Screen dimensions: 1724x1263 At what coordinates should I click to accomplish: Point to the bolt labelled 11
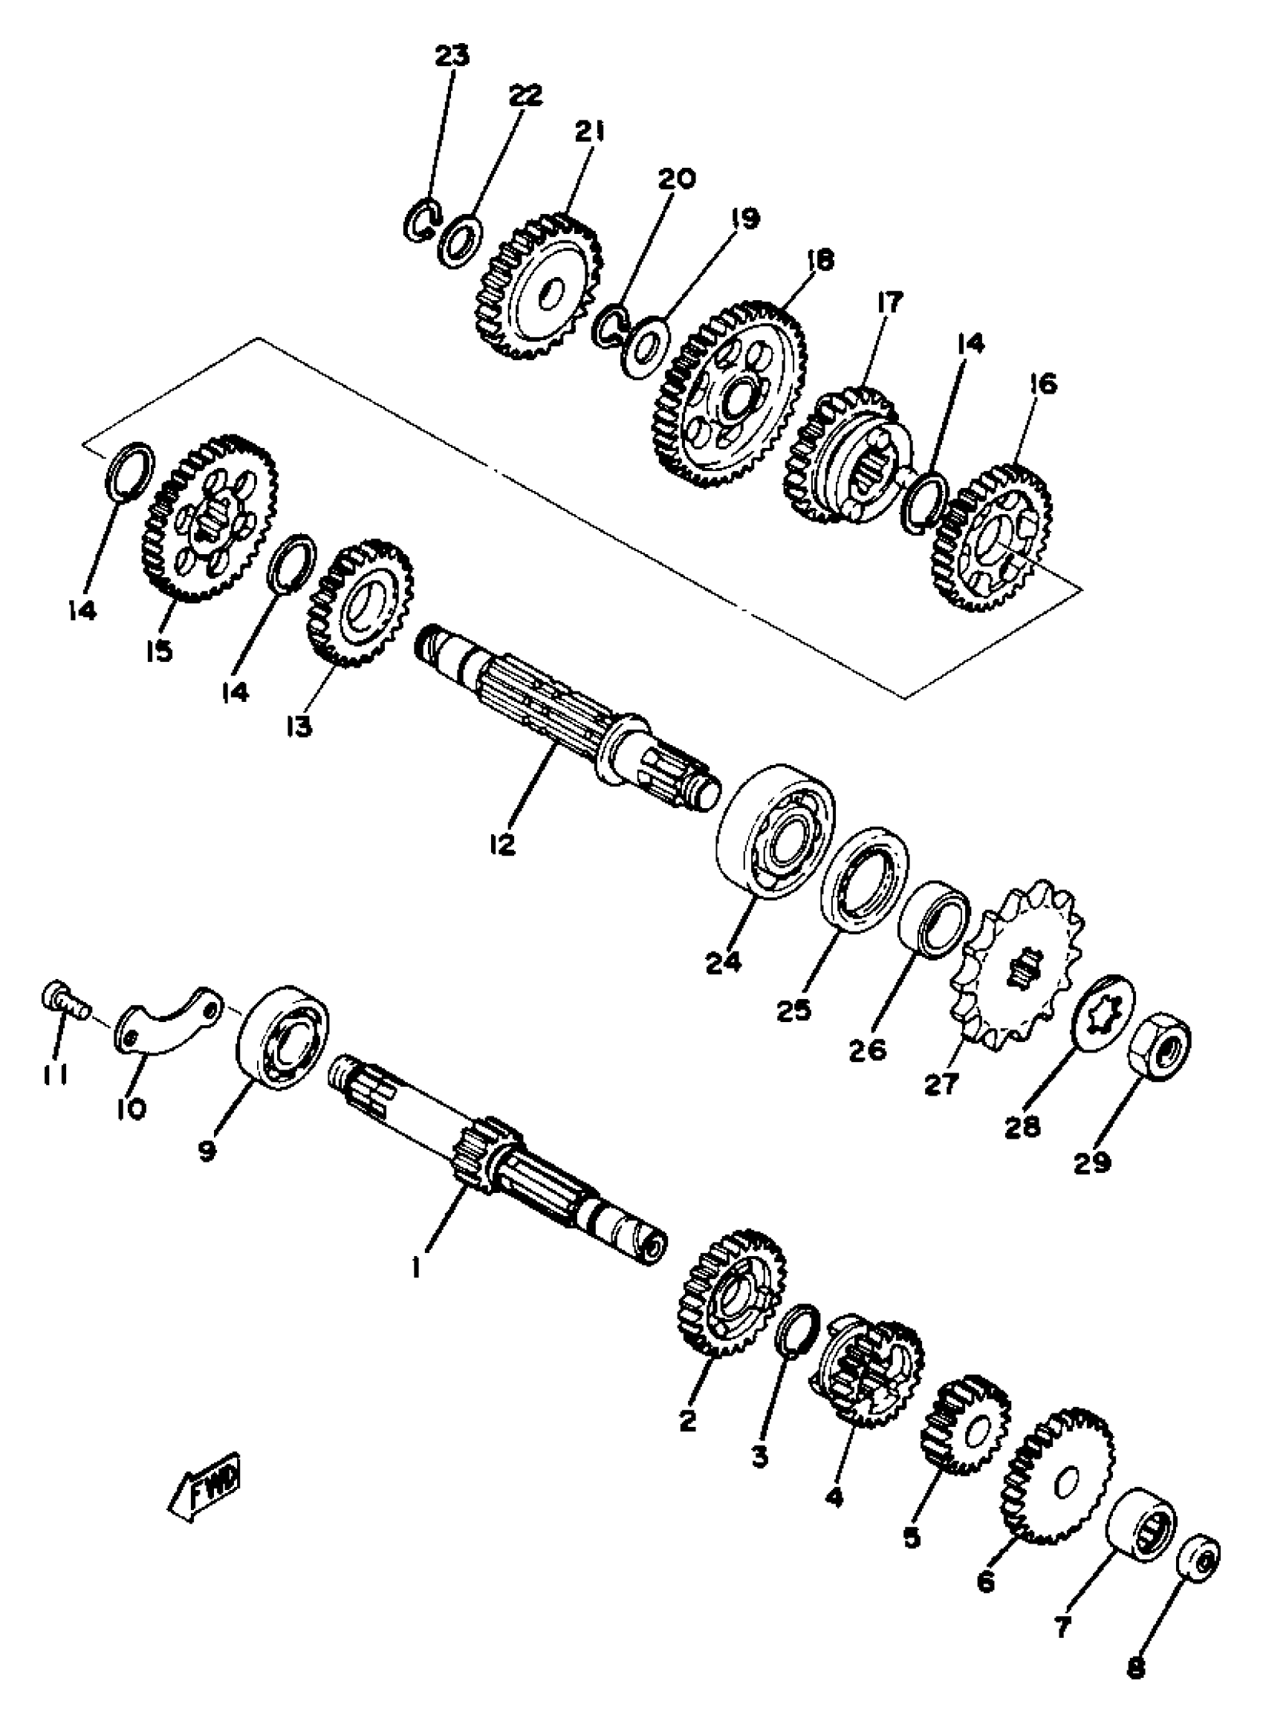[x=62, y=998]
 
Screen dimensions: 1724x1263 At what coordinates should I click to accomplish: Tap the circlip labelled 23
[x=421, y=221]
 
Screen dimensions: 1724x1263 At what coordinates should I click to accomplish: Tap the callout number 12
[x=504, y=844]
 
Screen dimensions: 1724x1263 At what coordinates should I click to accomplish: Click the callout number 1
[x=416, y=1270]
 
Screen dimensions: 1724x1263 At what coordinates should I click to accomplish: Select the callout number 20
[x=676, y=179]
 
